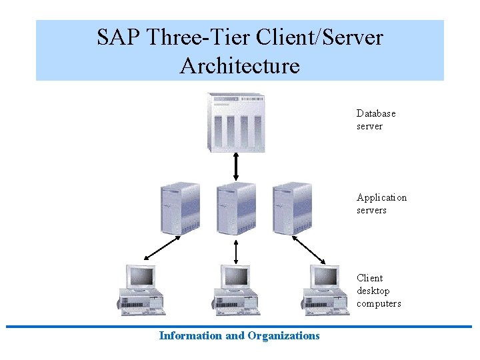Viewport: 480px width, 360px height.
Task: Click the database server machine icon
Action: [236, 123]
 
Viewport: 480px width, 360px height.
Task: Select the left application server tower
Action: [180, 208]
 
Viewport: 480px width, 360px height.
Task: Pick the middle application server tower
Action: [236, 208]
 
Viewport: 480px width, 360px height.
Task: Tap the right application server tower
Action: [292, 208]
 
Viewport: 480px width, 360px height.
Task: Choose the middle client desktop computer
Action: [235, 290]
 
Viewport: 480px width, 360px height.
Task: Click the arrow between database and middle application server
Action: [236, 167]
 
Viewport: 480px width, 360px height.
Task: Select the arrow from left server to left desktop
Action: [162, 247]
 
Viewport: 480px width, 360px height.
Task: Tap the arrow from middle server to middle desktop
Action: [236, 251]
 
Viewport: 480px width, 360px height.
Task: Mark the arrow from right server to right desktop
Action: [309, 248]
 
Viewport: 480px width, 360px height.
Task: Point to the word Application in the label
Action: [381, 197]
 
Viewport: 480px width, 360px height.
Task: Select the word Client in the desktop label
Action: [370, 278]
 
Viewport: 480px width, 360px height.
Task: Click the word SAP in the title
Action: [119, 37]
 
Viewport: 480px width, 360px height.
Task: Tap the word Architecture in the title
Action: [240, 66]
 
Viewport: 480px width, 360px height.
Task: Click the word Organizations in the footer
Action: [283, 336]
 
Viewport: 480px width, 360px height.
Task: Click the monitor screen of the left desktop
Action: [142, 275]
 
